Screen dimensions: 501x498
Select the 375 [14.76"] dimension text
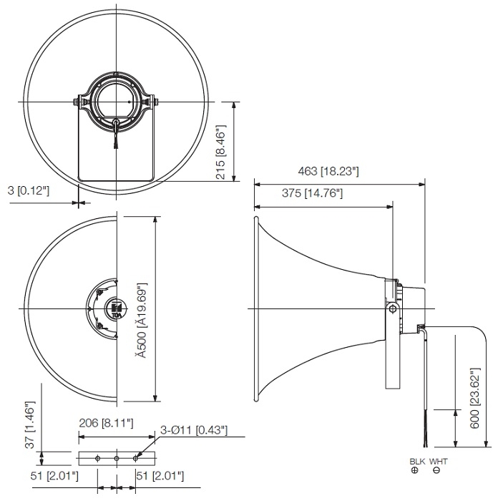[303, 193]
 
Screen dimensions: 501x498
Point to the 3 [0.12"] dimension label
[29, 190]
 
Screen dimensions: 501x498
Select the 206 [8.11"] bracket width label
[106, 424]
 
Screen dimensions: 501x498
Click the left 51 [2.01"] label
[54, 475]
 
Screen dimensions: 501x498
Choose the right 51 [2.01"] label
[160, 475]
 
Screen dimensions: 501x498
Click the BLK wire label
[416, 462]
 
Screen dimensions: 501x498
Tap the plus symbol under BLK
[415, 470]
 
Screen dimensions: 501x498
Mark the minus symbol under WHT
[436, 470]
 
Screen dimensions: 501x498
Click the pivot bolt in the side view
[393, 308]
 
